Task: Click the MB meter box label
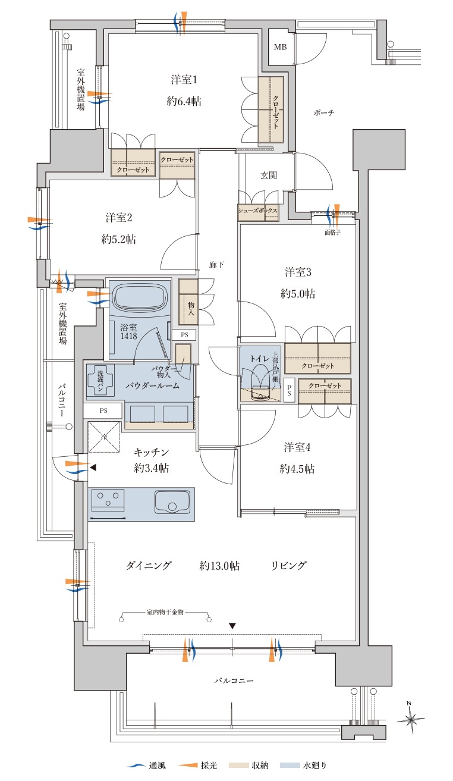pos(280,47)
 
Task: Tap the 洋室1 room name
pos(184,80)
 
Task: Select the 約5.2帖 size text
pos(118,239)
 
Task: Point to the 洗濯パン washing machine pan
pos(100,380)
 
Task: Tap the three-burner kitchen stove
pos(108,500)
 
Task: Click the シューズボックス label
pos(258,211)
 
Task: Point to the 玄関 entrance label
pos(269,175)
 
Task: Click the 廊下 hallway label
pos(216,265)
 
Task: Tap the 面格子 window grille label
pos(332,232)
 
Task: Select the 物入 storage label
pos(191,309)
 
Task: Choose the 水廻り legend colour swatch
pos(290,766)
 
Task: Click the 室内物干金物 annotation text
pos(165,612)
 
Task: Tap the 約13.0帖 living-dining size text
pos(219,566)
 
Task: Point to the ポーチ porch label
pos(324,112)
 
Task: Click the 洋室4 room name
pos(297,447)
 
